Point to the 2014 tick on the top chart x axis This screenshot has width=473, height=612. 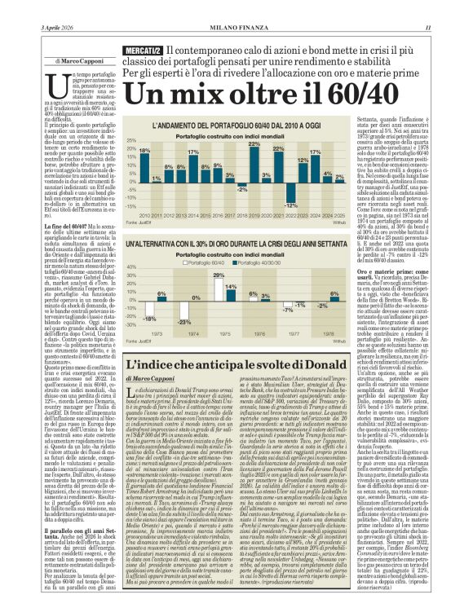(193, 215)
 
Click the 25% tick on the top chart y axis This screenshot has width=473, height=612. (131, 140)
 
